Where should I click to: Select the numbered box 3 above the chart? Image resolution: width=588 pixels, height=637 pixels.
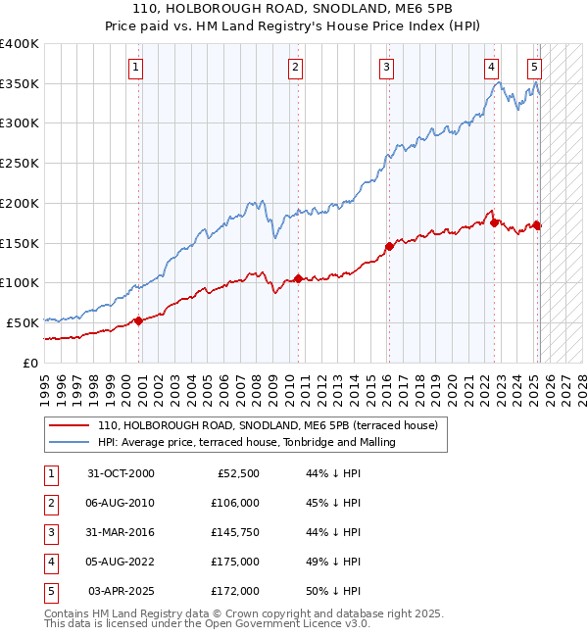387,68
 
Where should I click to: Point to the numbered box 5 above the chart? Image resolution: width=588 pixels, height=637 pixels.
534,68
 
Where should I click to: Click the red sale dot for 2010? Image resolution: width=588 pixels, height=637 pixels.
298,278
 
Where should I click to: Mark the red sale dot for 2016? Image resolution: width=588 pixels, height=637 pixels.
389,246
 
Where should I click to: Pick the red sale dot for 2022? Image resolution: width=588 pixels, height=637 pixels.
493,221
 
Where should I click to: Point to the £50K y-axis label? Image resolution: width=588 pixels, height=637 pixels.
24,322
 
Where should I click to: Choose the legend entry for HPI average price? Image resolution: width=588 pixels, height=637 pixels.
246,442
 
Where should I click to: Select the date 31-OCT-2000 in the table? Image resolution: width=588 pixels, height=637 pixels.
121,473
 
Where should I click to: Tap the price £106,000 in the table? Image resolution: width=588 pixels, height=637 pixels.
235,503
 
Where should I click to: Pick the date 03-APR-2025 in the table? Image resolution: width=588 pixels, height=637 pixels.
122,591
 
